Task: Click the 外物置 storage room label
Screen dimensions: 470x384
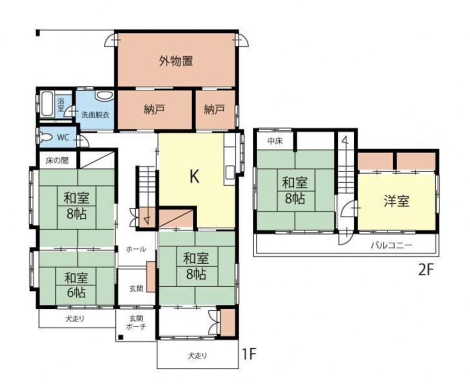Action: [x=176, y=61]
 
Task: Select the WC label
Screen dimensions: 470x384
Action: [x=63, y=138]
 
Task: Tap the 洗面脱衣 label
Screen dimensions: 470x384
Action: [x=95, y=115]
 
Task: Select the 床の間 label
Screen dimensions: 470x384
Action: [x=57, y=161]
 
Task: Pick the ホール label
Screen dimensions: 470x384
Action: [x=136, y=249]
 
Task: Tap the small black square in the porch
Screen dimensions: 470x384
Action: [x=120, y=337]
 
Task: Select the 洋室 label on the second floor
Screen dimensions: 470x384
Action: [x=396, y=201]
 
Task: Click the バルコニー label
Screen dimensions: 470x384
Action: [x=392, y=246]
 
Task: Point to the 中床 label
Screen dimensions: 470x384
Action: [x=275, y=141]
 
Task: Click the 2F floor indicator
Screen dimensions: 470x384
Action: [x=426, y=270]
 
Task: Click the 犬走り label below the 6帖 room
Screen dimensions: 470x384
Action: [x=75, y=318]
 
